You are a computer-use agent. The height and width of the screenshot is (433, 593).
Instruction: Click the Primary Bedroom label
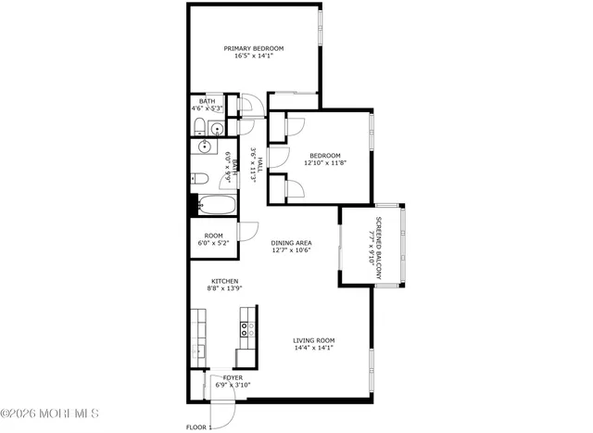point(253,48)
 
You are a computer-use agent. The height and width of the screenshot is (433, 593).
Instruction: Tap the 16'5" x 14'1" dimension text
point(253,57)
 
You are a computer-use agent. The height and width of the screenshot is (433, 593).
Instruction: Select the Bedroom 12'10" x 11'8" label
point(325,159)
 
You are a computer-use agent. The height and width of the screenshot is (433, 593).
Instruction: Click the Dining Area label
point(290,243)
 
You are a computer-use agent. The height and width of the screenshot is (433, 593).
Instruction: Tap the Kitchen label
point(224,282)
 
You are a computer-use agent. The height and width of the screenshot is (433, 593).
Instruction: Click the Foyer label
point(233,377)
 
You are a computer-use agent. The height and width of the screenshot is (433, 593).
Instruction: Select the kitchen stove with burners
point(246,326)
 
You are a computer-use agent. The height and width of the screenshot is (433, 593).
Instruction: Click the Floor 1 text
point(199,427)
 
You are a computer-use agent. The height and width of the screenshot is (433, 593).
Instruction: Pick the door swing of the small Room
point(246,232)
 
